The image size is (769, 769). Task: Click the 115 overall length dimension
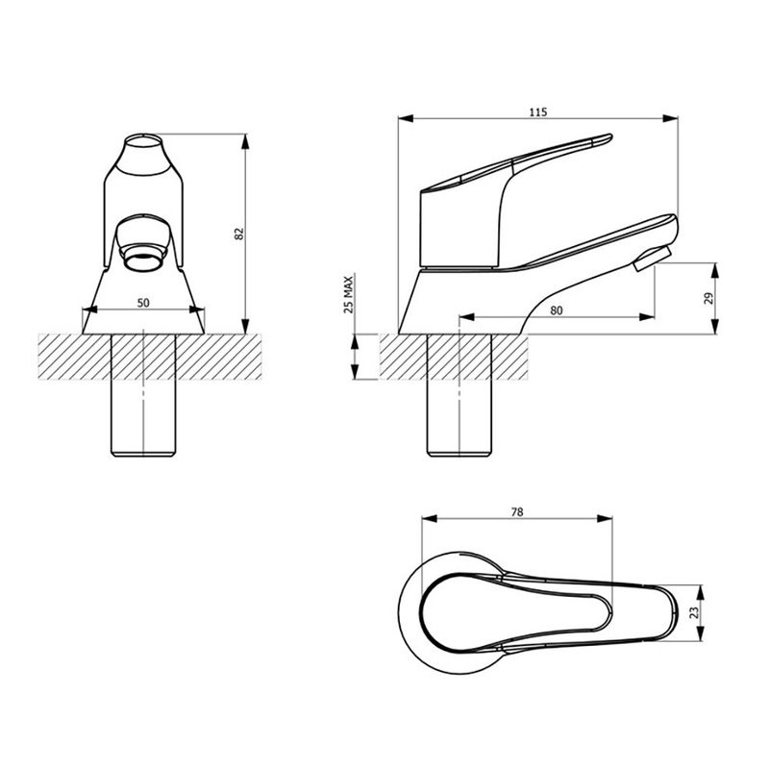click(x=537, y=112)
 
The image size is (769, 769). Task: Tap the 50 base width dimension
click(x=143, y=303)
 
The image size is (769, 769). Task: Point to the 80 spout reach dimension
click(x=557, y=310)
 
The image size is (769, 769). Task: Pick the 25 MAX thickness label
click(x=349, y=295)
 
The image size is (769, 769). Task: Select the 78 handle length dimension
click(x=517, y=512)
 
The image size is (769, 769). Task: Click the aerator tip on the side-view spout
click(x=651, y=259)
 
